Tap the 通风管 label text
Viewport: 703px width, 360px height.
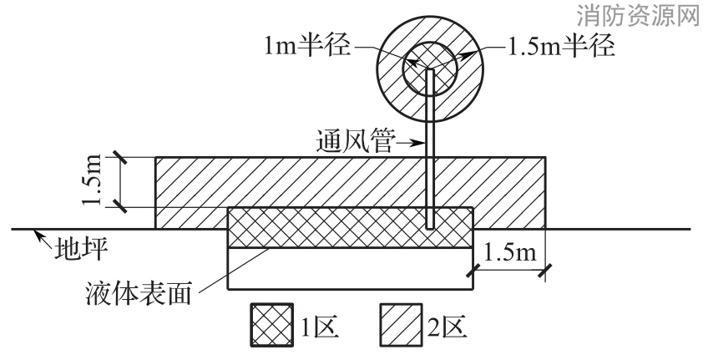click(354, 143)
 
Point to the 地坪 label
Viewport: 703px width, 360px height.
click(81, 250)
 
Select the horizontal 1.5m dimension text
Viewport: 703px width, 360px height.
click(510, 253)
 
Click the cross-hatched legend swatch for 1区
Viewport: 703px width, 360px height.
click(272, 325)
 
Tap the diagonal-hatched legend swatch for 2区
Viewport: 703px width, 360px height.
click(402, 325)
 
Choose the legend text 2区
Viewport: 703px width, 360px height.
click(448, 327)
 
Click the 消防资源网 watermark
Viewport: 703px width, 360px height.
click(638, 15)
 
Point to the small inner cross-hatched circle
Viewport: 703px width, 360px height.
click(429, 68)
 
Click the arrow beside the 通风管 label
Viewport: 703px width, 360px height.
click(410, 144)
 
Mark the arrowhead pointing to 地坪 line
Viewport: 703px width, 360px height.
click(40, 235)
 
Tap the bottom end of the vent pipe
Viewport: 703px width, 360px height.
click(429, 228)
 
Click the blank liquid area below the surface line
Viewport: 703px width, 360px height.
click(350, 268)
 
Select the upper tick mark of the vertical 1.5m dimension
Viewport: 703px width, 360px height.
click(119, 157)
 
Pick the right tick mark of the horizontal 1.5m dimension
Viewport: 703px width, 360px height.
click(545, 270)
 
